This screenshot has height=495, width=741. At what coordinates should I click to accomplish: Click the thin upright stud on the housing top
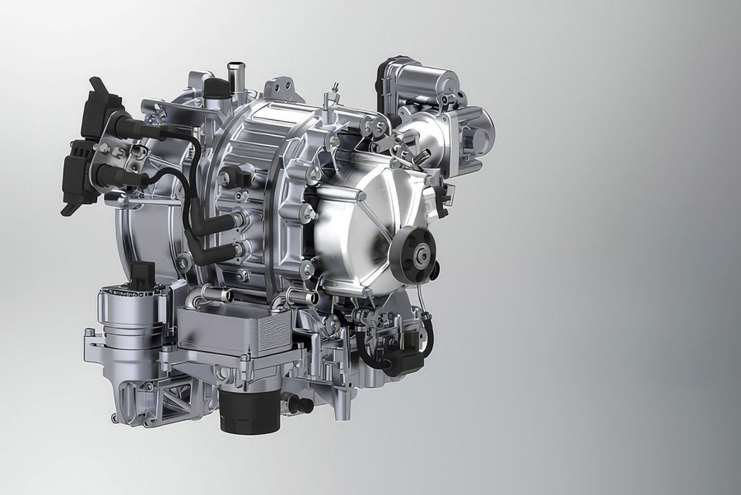337,91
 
